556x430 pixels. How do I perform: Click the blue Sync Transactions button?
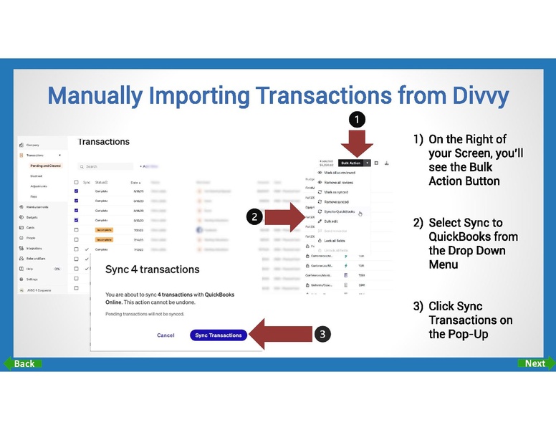219,335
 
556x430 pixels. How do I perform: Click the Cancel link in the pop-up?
166,335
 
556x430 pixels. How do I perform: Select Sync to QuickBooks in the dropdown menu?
340,212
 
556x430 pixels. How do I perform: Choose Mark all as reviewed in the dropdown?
340,173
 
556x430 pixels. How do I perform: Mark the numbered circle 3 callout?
323,334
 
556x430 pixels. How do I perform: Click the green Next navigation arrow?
535,363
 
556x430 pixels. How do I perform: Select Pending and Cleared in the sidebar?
45,166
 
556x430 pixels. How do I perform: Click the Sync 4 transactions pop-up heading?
152,270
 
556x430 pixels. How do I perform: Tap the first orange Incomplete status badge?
104,230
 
